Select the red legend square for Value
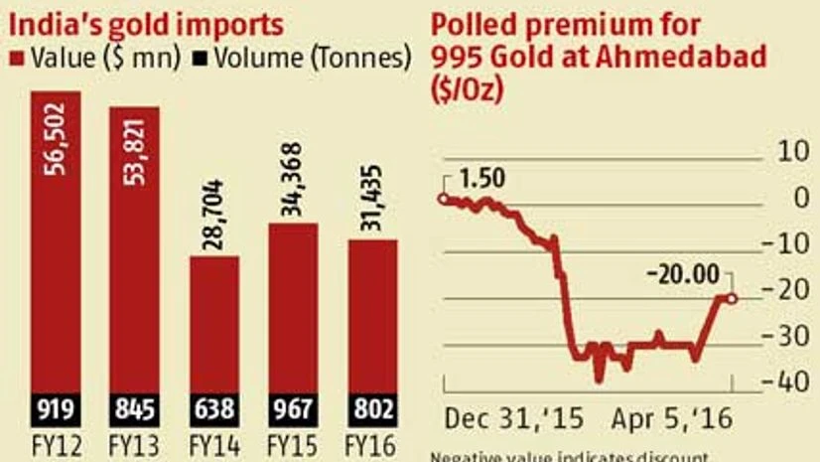point(14,58)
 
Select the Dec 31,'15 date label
point(512,419)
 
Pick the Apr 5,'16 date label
point(671,419)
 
